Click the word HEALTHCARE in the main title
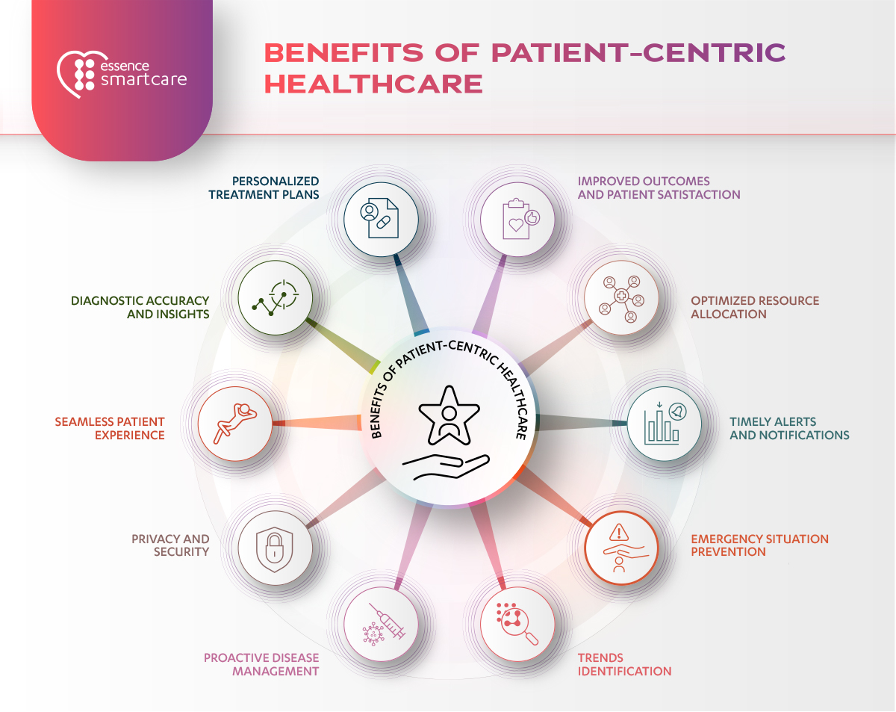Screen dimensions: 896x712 click(373, 84)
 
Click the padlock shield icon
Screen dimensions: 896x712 click(275, 549)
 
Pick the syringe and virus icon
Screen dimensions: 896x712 click(384, 625)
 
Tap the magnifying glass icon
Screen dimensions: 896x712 click(517, 624)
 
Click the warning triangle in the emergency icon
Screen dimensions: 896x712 click(619, 532)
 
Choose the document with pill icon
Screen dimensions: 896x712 click(379, 218)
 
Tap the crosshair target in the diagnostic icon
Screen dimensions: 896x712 click(284, 294)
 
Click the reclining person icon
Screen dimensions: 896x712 click(235, 424)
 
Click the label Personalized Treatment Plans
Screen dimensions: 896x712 click(264, 188)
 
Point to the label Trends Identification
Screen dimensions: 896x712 click(624, 664)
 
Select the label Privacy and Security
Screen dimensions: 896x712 click(170, 545)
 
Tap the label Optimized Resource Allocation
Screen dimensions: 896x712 click(755, 308)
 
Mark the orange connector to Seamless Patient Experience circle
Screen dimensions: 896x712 click(317, 422)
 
